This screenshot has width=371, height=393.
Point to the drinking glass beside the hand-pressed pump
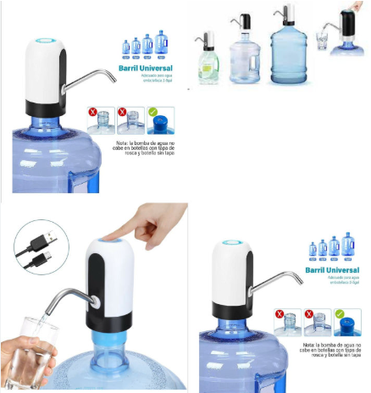point(323,40)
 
